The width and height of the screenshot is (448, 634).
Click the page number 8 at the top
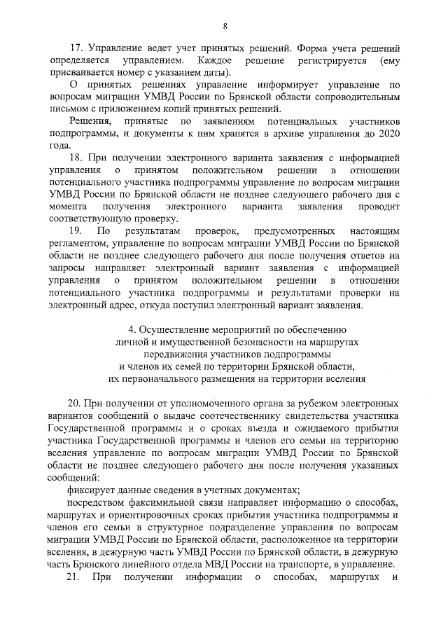pyautogui.click(x=225, y=26)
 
